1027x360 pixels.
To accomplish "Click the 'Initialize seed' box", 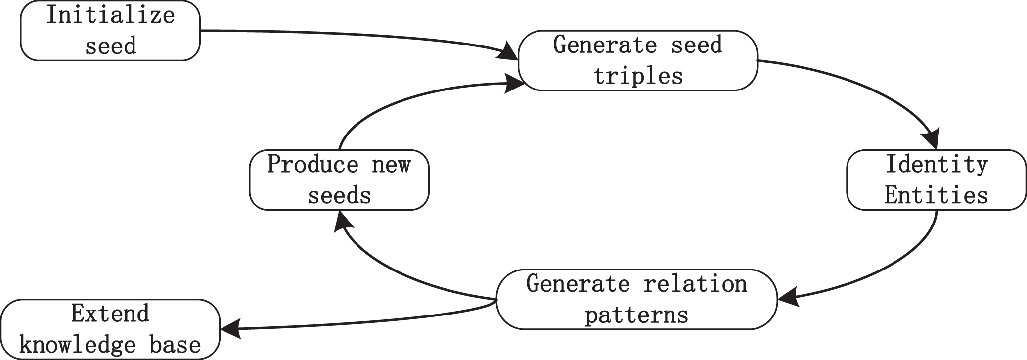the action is pyautogui.click(x=110, y=31).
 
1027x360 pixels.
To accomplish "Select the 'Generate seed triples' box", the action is pyautogui.click(x=638, y=60).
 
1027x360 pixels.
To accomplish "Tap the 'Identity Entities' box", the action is pyautogui.click(x=937, y=180).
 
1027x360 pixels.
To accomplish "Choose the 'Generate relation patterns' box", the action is pyautogui.click(x=637, y=299).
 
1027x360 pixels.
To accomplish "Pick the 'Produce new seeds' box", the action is pyautogui.click(x=339, y=180).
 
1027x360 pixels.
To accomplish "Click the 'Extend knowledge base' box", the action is pyautogui.click(x=110, y=329).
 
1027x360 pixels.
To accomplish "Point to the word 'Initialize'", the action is pyautogui.click(x=111, y=15).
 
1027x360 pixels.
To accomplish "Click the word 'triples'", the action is pyautogui.click(x=638, y=76).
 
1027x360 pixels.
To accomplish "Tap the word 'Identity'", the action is pyautogui.click(x=937, y=165).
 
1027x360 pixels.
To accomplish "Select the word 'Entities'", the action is pyautogui.click(x=937, y=195).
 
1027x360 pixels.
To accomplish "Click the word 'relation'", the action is pyautogui.click(x=695, y=284).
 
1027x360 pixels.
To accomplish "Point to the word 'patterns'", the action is pyautogui.click(x=637, y=315).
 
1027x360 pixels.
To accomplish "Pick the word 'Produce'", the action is pyautogui.click(x=313, y=164).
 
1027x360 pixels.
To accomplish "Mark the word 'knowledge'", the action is pyautogui.click(x=78, y=345).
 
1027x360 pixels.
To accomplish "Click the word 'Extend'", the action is pyautogui.click(x=110, y=314).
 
